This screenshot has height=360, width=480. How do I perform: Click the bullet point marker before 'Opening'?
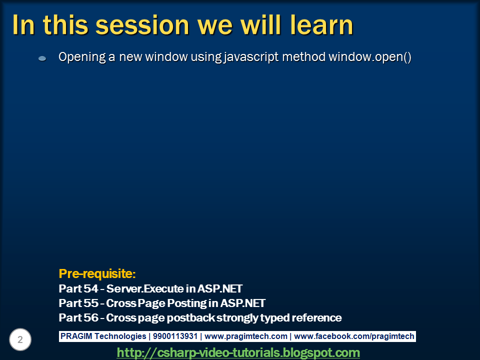click(42, 58)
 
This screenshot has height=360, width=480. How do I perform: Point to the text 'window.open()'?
click(369, 57)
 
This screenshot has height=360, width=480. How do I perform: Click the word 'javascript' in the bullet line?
click(249, 57)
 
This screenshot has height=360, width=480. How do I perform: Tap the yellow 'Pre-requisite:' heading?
click(97, 273)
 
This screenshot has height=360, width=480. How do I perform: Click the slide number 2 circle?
click(20, 340)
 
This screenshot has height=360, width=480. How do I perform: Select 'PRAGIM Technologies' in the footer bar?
click(103, 336)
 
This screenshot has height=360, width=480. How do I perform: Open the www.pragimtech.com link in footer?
click(246, 336)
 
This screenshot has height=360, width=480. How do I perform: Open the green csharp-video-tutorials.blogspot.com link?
click(238, 352)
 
